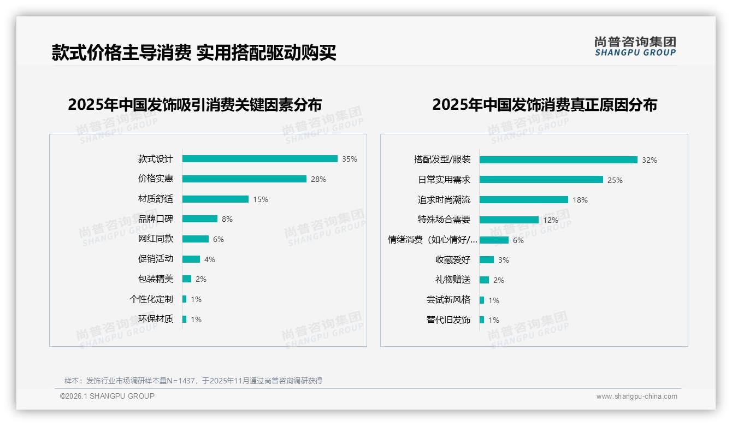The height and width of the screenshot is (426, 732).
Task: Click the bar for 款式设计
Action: (x=259, y=159)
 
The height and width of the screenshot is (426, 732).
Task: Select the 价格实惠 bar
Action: (x=244, y=179)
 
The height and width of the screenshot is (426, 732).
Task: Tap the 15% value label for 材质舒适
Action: (x=261, y=199)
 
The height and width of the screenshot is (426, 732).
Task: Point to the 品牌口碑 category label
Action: (x=155, y=219)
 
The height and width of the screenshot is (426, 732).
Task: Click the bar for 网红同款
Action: (x=195, y=239)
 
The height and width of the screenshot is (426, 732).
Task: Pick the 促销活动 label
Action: (x=155, y=259)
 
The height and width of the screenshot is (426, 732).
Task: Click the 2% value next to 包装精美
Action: (x=201, y=279)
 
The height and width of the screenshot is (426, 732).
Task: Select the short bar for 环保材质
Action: (x=184, y=319)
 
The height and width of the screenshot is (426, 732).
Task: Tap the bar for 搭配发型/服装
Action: (x=558, y=160)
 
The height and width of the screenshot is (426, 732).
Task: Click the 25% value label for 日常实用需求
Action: (x=615, y=180)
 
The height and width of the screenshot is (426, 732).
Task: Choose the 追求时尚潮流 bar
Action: (x=523, y=200)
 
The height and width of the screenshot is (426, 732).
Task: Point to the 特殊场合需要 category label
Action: (x=444, y=220)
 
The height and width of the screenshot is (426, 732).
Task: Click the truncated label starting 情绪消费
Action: (x=432, y=240)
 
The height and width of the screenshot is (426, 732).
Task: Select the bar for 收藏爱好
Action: (x=486, y=260)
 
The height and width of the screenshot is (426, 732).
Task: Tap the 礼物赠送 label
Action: (x=452, y=280)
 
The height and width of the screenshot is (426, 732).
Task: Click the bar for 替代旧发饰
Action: (x=481, y=320)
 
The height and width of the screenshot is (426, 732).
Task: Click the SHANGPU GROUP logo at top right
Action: (x=635, y=46)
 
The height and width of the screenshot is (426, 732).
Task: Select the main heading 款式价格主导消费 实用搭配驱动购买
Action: (x=194, y=52)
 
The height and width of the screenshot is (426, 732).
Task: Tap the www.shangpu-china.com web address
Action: (x=636, y=397)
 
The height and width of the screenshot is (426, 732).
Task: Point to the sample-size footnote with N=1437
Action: (x=193, y=381)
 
